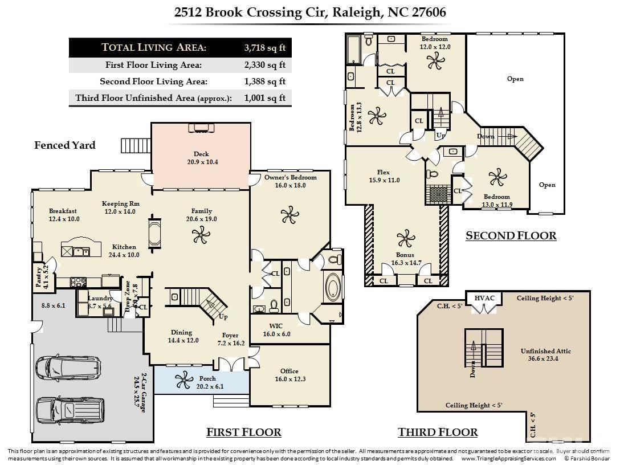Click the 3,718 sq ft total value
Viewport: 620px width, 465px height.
(264, 47)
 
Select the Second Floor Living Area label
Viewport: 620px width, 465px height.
(153, 81)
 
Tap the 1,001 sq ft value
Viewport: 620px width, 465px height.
(264, 98)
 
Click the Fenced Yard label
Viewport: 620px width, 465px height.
(65, 145)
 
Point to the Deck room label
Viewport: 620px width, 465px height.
(201, 158)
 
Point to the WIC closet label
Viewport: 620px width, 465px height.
(280, 330)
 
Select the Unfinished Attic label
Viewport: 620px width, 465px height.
(545, 355)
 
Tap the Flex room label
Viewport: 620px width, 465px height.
(384, 176)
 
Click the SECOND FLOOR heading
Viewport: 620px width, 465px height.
(511, 235)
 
